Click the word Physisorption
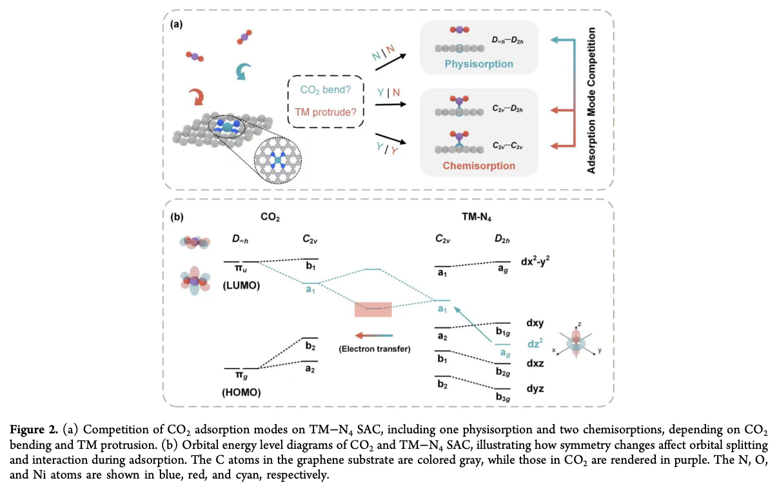tap(478, 64)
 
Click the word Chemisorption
tap(478, 166)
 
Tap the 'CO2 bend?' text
tap(325, 90)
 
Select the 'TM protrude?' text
tap(326, 112)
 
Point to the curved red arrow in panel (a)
tap(197, 97)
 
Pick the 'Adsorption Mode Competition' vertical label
tap(591, 100)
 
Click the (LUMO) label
tap(241, 285)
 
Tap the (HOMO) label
tap(241, 393)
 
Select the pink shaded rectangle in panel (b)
tap(373, 309)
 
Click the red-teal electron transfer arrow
tap(374, 336)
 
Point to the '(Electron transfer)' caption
tap(375, 349)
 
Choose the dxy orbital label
tap(535, 323)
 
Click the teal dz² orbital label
tap(535, 344)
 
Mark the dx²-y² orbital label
tap(535, 262)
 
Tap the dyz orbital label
tap(535, 389)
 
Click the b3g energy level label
tap(503, 397)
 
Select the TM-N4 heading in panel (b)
tap(477, 217)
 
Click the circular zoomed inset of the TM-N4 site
tap(277, 161)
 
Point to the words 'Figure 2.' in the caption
tap(34, 430)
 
